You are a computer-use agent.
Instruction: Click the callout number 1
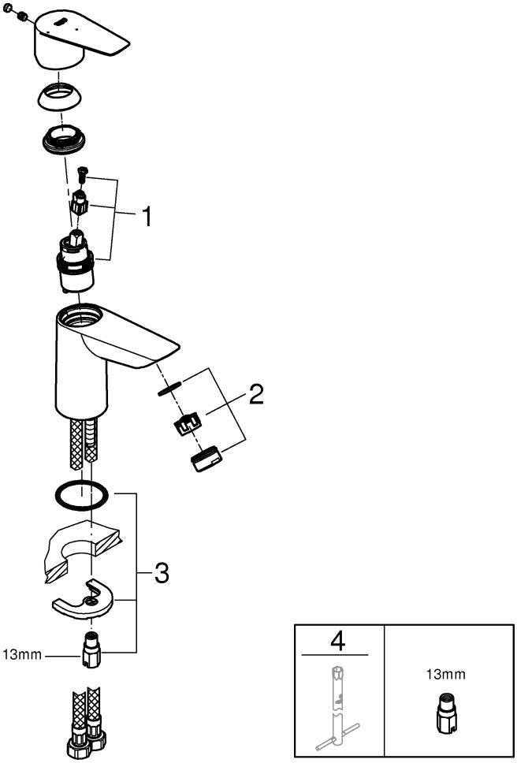coord(146,217)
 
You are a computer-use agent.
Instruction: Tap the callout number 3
coord(161,573)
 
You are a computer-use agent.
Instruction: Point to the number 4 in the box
coord(337,641)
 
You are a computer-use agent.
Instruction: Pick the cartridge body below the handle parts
coord(78,262)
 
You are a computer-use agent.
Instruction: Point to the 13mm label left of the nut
coord(22,654)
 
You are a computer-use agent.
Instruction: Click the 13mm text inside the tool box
coord(445,675)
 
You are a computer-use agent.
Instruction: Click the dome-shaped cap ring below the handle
coord(60,98)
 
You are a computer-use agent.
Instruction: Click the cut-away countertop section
coord(83,548)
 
